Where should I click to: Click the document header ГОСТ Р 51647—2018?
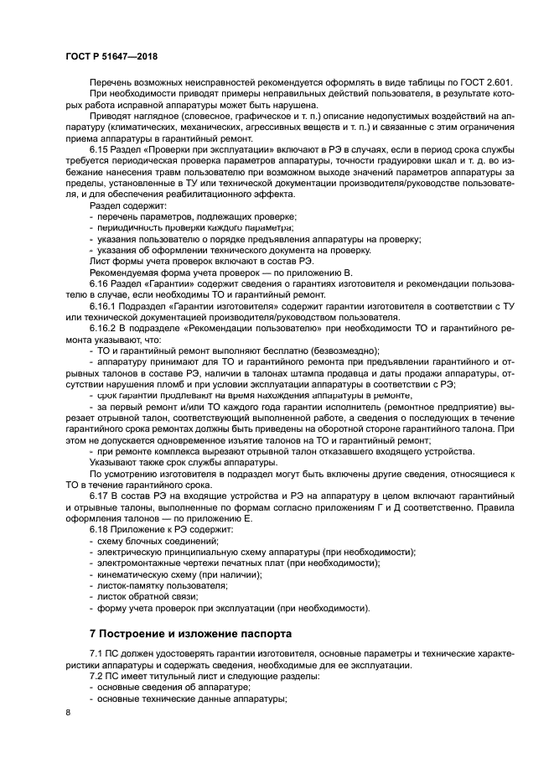(x=111, y=55)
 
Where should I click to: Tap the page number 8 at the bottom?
(x=68, y=713)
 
